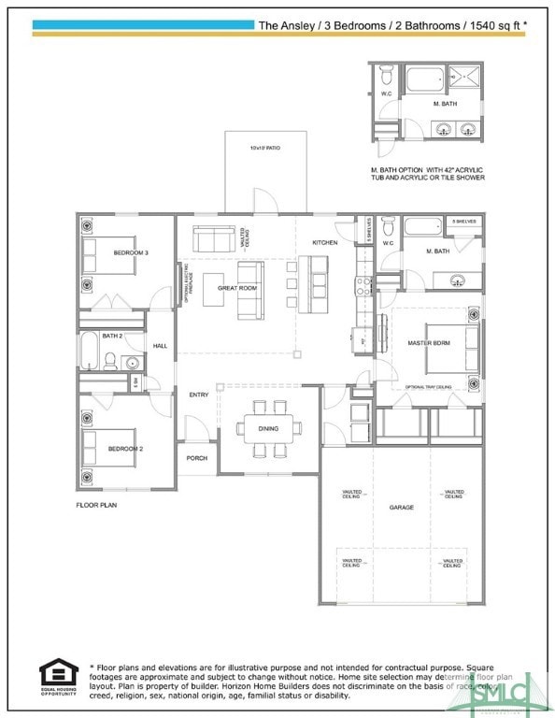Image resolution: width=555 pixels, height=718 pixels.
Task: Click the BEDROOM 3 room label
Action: tap(131, 253)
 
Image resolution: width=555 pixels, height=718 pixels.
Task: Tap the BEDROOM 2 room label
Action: tap(125, 449)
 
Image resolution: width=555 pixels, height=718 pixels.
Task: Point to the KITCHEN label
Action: tap(325, 242)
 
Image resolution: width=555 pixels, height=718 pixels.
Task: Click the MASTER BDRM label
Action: tap(429, 343)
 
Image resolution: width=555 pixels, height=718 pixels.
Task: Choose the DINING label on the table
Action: tap(269, 428)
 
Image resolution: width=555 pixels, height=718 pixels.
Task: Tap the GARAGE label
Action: tap(402, 507)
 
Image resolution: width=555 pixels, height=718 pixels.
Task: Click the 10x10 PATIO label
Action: tap(264, 149)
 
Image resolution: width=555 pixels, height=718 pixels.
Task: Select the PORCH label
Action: tap(197, 458)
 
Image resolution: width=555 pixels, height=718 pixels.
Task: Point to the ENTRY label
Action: tap(199, 395)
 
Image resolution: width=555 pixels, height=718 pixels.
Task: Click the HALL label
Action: tap(160, 345)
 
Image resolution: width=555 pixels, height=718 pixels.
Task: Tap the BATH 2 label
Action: tap(112, 336)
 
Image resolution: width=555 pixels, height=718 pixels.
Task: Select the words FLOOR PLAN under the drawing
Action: tap(96, 504)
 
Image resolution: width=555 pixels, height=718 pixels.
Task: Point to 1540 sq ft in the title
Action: tap(492, 25)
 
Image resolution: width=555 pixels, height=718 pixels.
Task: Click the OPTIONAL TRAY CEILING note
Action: tap(428, 386)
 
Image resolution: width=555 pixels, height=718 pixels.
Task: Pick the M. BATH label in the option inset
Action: tap(444, 104)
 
